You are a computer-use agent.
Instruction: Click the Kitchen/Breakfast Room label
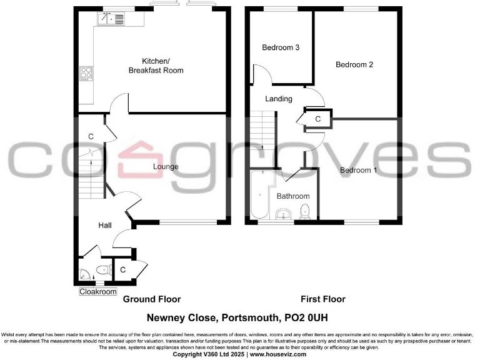[156, 66]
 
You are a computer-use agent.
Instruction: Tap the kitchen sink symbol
[110, 19]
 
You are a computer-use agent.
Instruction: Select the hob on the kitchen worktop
[85, 74]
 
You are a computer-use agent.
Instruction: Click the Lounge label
[166, 167]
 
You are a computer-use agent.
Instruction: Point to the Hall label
[104, 225]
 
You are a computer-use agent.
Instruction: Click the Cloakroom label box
[98, 292]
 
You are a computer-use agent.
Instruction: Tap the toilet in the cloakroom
[104, 271]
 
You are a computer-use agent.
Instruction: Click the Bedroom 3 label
[281, 47]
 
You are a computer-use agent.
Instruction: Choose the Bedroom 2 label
[354, 64]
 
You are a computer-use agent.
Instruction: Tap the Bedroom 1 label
[358, 170]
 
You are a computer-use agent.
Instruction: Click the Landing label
[278, 99]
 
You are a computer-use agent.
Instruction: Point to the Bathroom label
[293, 196]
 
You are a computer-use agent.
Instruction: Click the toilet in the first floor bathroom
[305, 211]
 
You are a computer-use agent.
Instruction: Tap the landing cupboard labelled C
[317, 119]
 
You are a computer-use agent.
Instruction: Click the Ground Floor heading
[151, 299]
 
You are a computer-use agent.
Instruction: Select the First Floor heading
[323, 299]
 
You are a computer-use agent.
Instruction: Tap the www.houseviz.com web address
[277, 354]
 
